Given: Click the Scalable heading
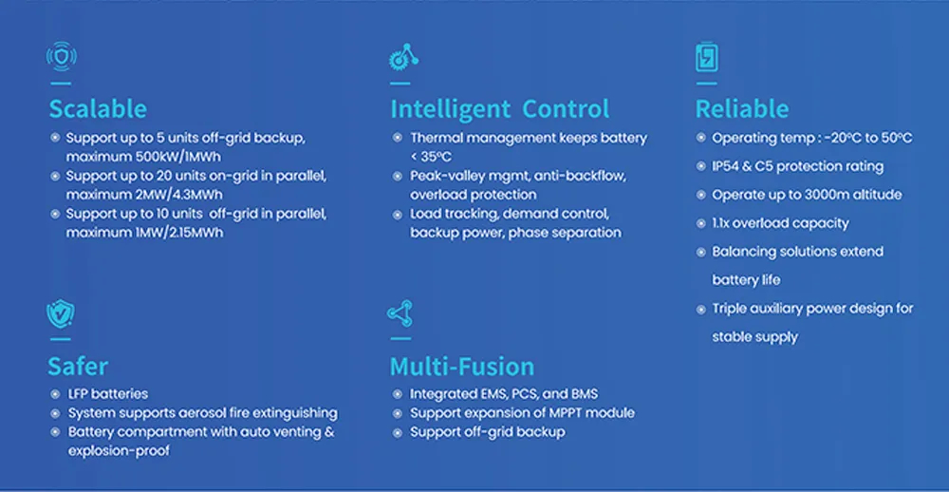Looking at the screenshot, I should (98, 108).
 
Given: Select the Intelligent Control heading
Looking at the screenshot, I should (499, 108).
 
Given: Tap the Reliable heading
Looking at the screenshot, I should (741, 108).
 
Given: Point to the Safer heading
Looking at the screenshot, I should (78, 366).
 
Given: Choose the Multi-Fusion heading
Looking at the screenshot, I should (461, 366).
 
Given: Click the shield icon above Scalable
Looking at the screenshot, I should (62, 57).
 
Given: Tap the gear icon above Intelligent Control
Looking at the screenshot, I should (403, 58).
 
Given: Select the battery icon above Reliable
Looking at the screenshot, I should (706, 58).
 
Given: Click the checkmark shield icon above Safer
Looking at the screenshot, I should (60, 314).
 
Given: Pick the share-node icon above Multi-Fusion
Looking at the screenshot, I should (400, 314).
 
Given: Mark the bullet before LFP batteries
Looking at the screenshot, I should (55, 393).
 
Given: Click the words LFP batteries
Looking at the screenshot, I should (108, 393).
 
